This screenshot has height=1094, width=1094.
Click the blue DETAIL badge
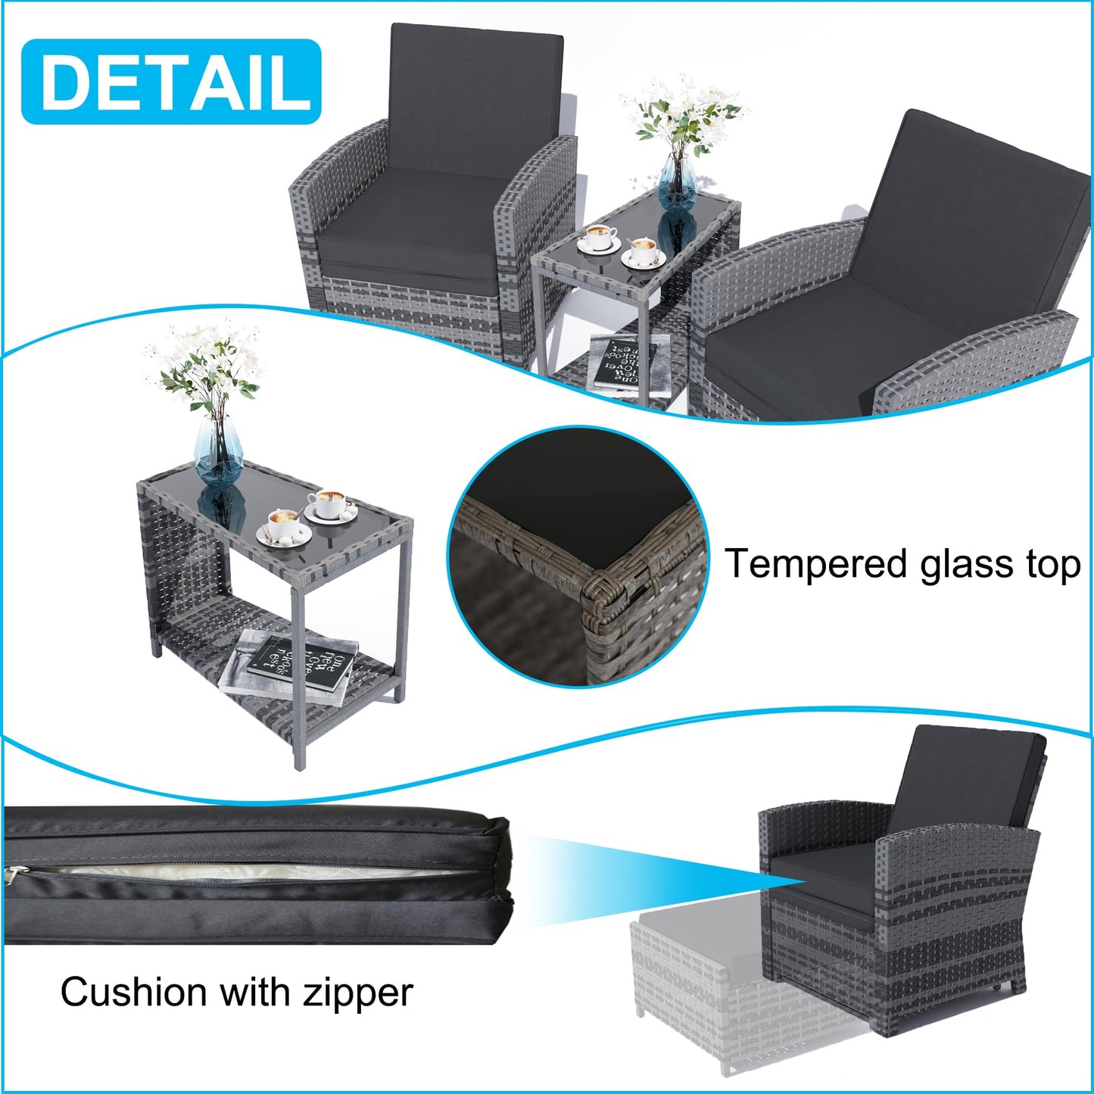171,82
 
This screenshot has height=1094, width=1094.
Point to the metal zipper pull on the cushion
14,874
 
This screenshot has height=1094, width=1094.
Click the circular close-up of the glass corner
579,556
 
